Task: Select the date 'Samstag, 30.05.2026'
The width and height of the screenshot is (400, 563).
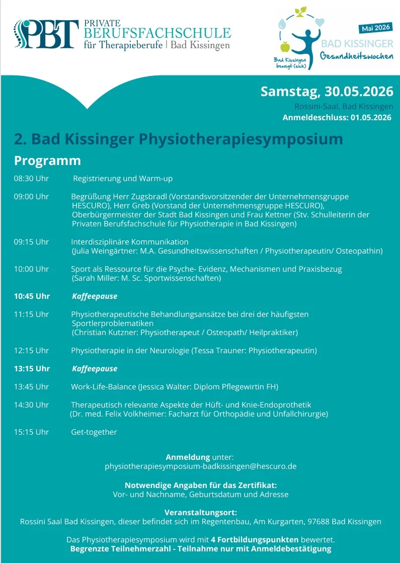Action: point(327,92)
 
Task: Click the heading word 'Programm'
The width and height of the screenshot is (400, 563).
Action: point(47,160)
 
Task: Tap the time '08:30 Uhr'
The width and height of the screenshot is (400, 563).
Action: point(31,179)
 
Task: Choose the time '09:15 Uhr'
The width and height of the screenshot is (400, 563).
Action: point(31,242)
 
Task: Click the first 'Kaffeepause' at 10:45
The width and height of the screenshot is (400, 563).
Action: point(95,296)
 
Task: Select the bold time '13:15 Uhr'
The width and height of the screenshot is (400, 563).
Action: point(32,369)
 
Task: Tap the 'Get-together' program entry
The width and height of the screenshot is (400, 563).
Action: point(94,432)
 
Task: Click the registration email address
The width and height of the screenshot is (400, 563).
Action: point(200,466)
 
